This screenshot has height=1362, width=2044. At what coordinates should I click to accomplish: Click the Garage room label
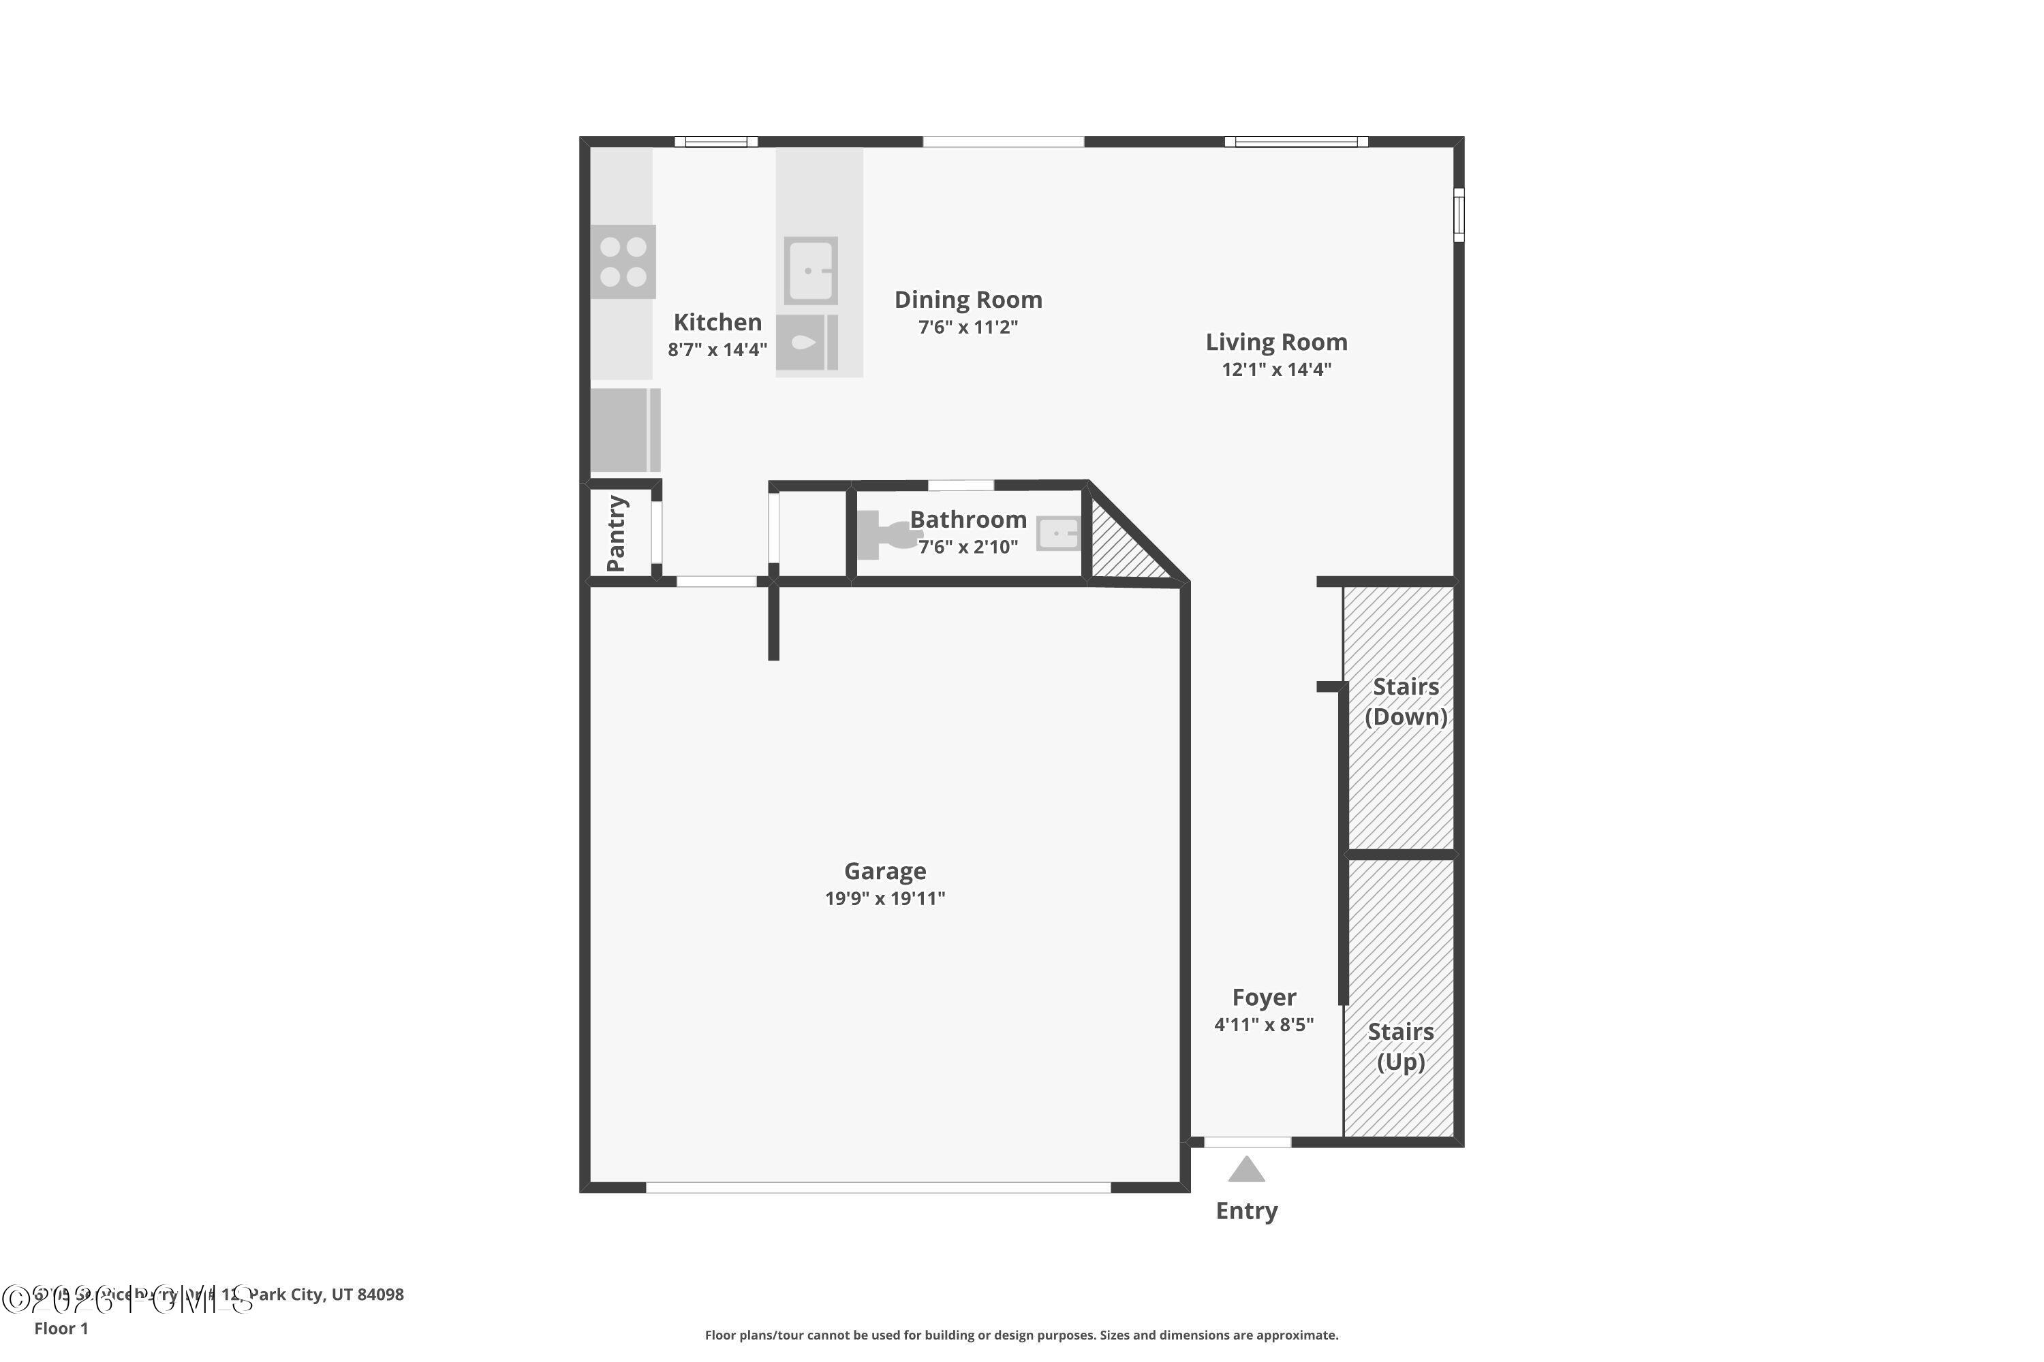pos(884,870)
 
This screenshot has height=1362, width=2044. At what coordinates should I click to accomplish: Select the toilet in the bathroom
pos(882,534)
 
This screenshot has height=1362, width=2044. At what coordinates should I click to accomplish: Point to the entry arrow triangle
pos(1246,1169)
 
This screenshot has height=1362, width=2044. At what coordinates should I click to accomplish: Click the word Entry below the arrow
pos(1246,1211)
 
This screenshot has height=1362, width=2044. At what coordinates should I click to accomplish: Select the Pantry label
pos(616,533)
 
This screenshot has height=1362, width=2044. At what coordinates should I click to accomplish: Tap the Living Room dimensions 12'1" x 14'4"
pos(1275,369)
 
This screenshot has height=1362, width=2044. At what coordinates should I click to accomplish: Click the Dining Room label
pos(968,300)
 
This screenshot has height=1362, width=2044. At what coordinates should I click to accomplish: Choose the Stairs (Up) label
pos(1400,1047)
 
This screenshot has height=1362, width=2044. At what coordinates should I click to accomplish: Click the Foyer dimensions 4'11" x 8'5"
pos(1264,1024)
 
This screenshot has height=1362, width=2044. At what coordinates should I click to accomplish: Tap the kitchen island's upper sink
pos(811,270)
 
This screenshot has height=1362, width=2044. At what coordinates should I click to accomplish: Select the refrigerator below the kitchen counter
pos(625,430)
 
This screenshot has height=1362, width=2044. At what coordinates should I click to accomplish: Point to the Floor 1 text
pos(61,1328)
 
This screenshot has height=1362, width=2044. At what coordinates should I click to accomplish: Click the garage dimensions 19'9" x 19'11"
pos(884,898)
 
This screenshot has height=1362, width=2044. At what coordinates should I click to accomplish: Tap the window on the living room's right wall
pos(1459,215)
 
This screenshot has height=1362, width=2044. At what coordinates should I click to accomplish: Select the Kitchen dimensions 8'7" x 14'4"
pos(717,349)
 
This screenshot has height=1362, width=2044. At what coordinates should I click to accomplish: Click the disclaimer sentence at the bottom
pos(1021,1335)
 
